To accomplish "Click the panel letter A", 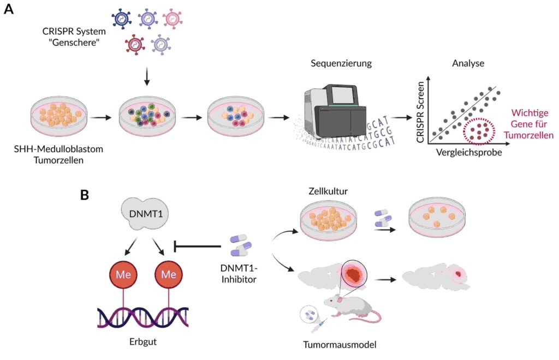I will [9, 10].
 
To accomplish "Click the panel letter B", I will [85, 194].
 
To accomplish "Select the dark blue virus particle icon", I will [121, 18].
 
